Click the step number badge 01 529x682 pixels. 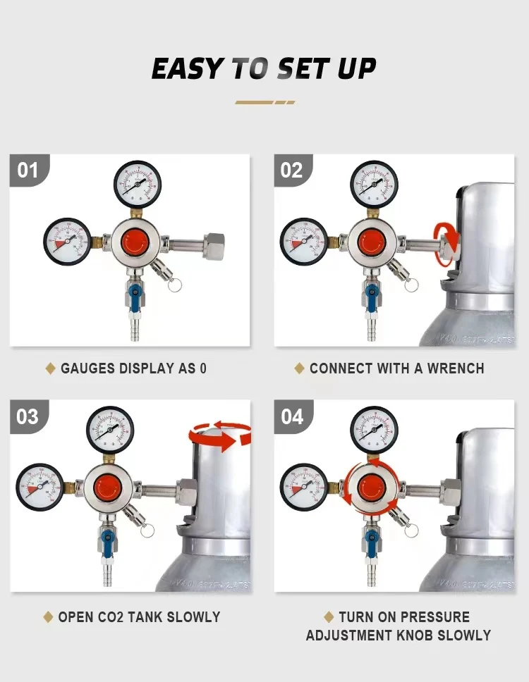[x=28, y=170]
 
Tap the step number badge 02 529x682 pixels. [x=292, y=170]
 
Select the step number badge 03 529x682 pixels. [x=28, y=416]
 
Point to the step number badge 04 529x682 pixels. [x=292, y=416]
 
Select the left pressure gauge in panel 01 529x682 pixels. [x=66, y=241]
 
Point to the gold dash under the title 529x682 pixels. [x=264, y=102]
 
